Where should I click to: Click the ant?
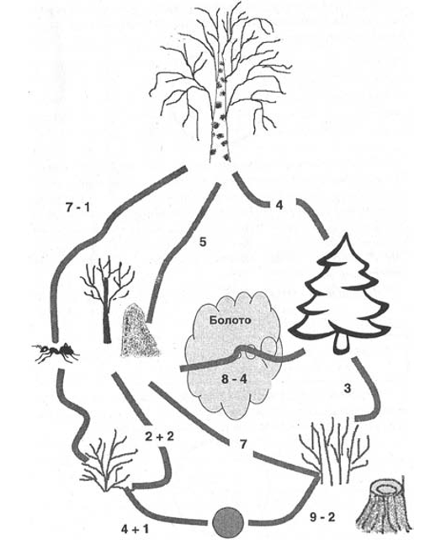(56, 352)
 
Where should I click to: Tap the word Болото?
(230, 320)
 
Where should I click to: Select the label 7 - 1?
(77, 208)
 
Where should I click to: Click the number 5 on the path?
(203, 242)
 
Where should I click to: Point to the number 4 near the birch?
(279, 205)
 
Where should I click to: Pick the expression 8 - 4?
(234, 379)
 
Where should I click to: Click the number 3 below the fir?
(348, 388)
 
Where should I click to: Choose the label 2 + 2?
(159, 436)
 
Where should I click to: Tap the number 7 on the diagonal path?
(243, 445)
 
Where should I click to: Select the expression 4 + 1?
(135, 529)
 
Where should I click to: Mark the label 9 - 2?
(321, 517)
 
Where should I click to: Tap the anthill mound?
(139, 330)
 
